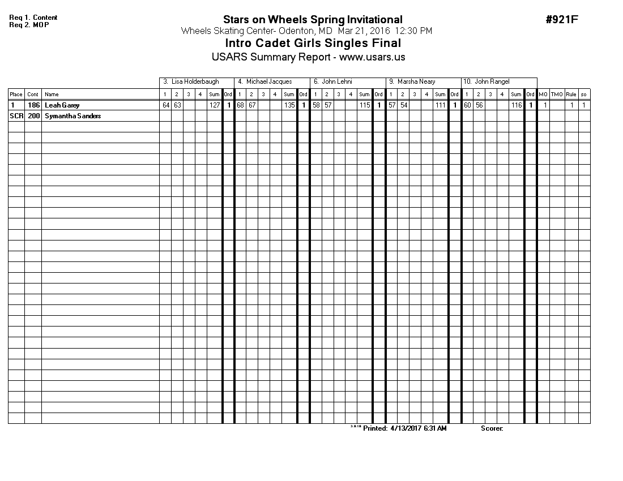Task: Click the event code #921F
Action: (562, 20)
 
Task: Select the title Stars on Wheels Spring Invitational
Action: (313, 20)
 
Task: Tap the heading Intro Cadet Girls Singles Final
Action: (313, 44)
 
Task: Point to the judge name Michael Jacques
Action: (269, 82)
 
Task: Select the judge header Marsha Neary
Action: (416, 82)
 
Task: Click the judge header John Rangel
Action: (492, 82)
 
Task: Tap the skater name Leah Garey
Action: (62, 105)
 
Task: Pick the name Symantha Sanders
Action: (72, 116)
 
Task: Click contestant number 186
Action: (33, 105)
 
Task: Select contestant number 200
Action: (33, 116)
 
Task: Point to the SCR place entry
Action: (16, 116)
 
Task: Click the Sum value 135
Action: (289, 105)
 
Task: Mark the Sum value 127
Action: (214, 105)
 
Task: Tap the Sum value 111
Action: (440, 105)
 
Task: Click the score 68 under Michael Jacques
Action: (240, 105)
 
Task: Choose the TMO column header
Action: (557, 95)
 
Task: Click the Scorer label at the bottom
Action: (492, 428)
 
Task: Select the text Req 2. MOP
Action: (29, 25)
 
